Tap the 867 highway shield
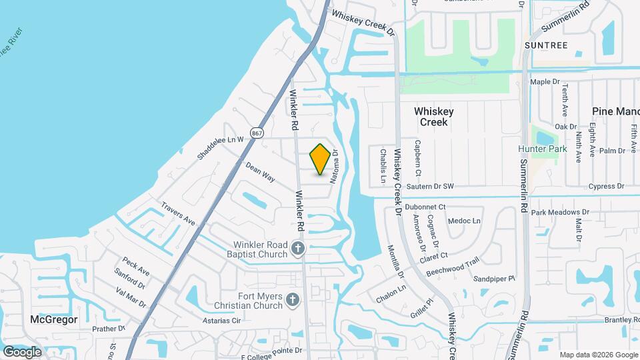pyautogui.click(x=257, y=133)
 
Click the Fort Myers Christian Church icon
pyautogui.click(x=291, y=301)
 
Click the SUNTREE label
pyautogui.click(x=545, y=45)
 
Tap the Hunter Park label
pyautogui.click(x=543, y=149)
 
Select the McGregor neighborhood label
pyautogui.click(x=54, y=319)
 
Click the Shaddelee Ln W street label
pyautogui.click(x=222, y=148)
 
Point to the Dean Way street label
pyautogui.click(x=260, y=172)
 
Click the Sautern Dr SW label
pyautogui.click(x=431, y=186)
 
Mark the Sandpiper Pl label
pyautogui.click(x=494, y=278)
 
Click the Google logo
pyautogui.click(x=22, y=351)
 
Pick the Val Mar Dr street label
pyautogui.click(x=131, y=297)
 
